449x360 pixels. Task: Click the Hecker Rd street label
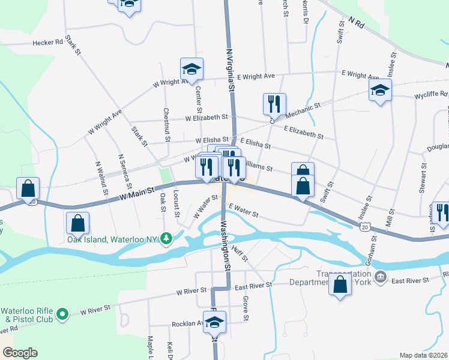click(x=48, y=43)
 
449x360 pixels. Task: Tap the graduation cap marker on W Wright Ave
click(x=191, y=70)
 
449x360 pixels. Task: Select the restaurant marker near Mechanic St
click(x=274, y=104)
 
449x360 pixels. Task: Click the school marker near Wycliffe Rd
click(x=380, y=91)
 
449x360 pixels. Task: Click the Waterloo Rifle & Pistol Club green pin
click(x=62, y=314)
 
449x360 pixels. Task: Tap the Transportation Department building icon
click(x=381, y=277)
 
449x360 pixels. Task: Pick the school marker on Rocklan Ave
click(x=215, y=322)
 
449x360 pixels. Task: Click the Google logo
click(x=20, y=353)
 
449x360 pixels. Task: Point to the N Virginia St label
click(x=230, y=70)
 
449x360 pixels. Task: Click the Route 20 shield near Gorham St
click(x=366, y=226)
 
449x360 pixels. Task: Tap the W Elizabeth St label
click(x=206, y=118)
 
